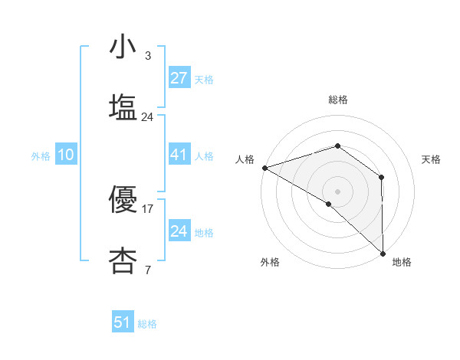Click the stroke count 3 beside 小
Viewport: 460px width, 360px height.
point(148,56)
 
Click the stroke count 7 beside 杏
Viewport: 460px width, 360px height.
point(148,269)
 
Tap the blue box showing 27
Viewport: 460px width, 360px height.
point(179,78)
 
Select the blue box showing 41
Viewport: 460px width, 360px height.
point(179,155)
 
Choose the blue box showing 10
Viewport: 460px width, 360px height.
point(66,155)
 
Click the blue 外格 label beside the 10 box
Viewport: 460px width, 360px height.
point(41,156)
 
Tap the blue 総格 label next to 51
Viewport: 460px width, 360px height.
point(147,324)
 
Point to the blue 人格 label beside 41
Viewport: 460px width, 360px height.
point(204,156)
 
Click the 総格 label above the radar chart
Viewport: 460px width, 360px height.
point(337,100)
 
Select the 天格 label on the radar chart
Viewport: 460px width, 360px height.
point(431,159)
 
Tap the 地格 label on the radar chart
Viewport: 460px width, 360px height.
point(402,262)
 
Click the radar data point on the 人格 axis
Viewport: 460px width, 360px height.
point(264,167)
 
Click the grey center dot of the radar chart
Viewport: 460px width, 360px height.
point(337,191)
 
